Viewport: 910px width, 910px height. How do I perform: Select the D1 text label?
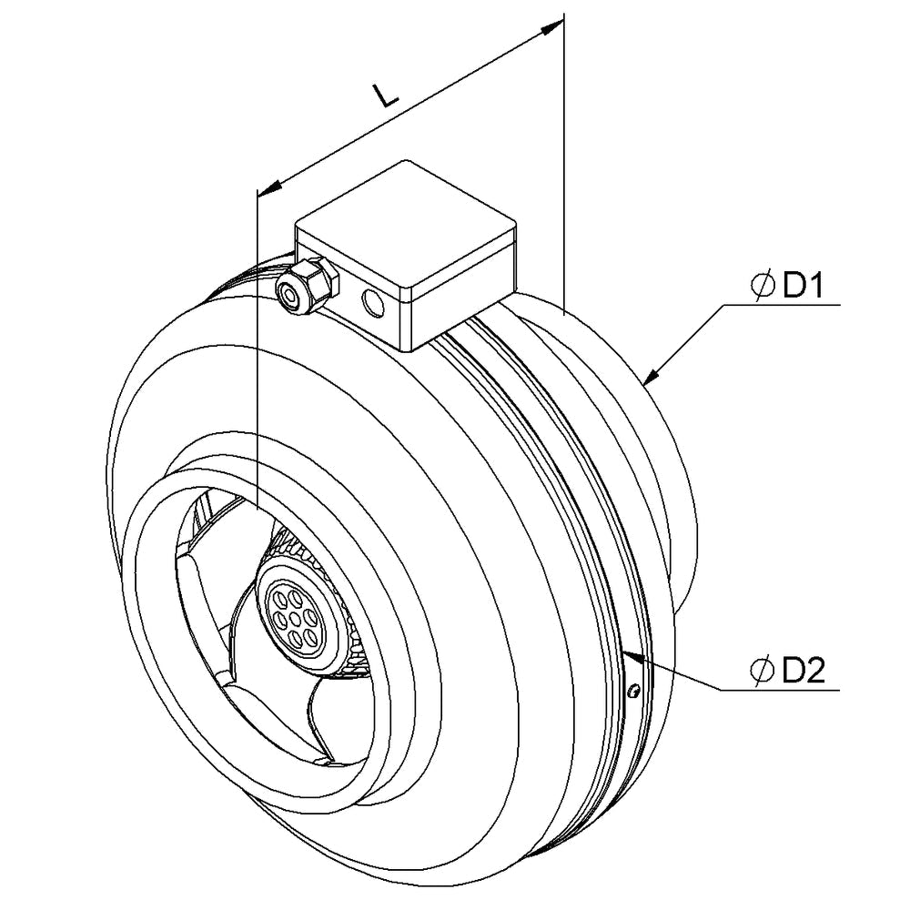point(803,287)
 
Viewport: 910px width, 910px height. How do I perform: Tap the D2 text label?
point(803,671)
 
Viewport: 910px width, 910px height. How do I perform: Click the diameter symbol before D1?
point(762,287)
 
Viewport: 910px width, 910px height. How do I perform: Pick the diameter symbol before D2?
point(762,671)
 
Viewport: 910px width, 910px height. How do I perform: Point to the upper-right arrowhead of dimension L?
point(551,28)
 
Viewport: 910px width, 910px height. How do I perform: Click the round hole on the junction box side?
point(371,303)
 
